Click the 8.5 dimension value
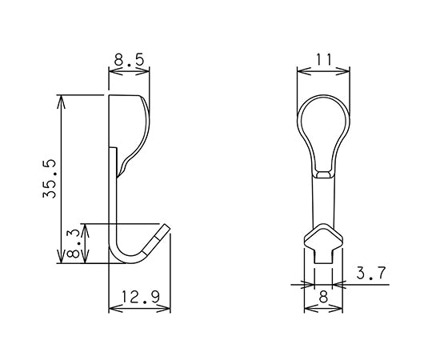tap(129, 59)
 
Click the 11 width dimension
tap(323, 59)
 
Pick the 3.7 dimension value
tap(372, 274)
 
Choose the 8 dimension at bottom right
tap(323, 298)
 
